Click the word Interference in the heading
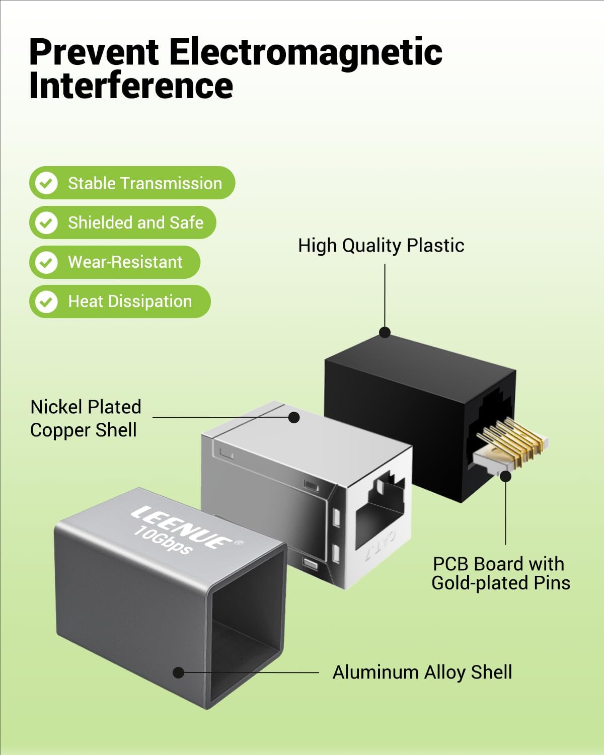(131, 86)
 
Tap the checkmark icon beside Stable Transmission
(46, 183)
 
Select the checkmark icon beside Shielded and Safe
(46, 222)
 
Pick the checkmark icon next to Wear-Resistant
(46, 262)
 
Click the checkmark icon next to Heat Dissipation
(46, 301)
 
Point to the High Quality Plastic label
(381, 246)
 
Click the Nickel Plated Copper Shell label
(86, 418)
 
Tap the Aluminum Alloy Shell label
(422, 672)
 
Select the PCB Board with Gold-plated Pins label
(500, 573)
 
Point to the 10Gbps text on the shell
(163, 541)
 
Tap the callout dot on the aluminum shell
(178, 672)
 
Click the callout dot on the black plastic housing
(385, 332)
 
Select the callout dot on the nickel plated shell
(294, 417)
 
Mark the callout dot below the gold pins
(506, 476)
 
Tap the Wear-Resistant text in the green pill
(125, 262)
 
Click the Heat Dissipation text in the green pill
(130, 301)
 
